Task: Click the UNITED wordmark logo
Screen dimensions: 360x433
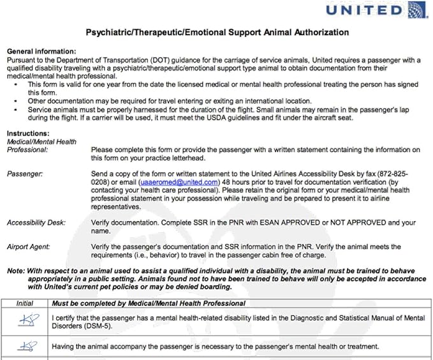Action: point(364,11)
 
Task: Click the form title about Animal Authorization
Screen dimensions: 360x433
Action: point(216,32)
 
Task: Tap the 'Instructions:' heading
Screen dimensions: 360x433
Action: point(27,133)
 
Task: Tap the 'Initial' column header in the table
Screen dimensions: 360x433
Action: point(25,303)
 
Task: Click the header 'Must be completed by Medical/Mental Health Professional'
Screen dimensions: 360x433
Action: point(149,303)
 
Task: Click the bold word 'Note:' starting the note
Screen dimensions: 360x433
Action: point(16,271)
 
